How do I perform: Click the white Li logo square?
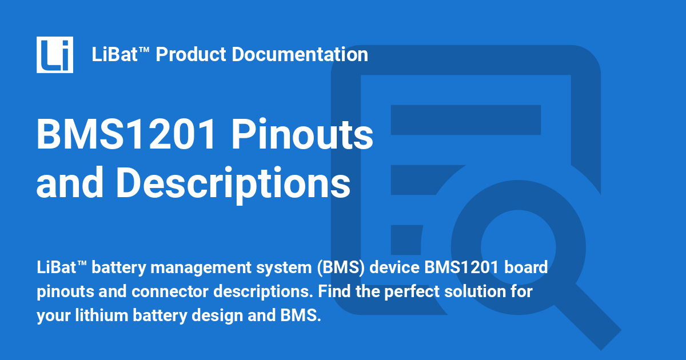[55, 55]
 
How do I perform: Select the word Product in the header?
[192, 55]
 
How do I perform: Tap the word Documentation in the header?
[300, 55]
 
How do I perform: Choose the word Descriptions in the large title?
[233, 182]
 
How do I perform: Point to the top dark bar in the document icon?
[466, 119]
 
